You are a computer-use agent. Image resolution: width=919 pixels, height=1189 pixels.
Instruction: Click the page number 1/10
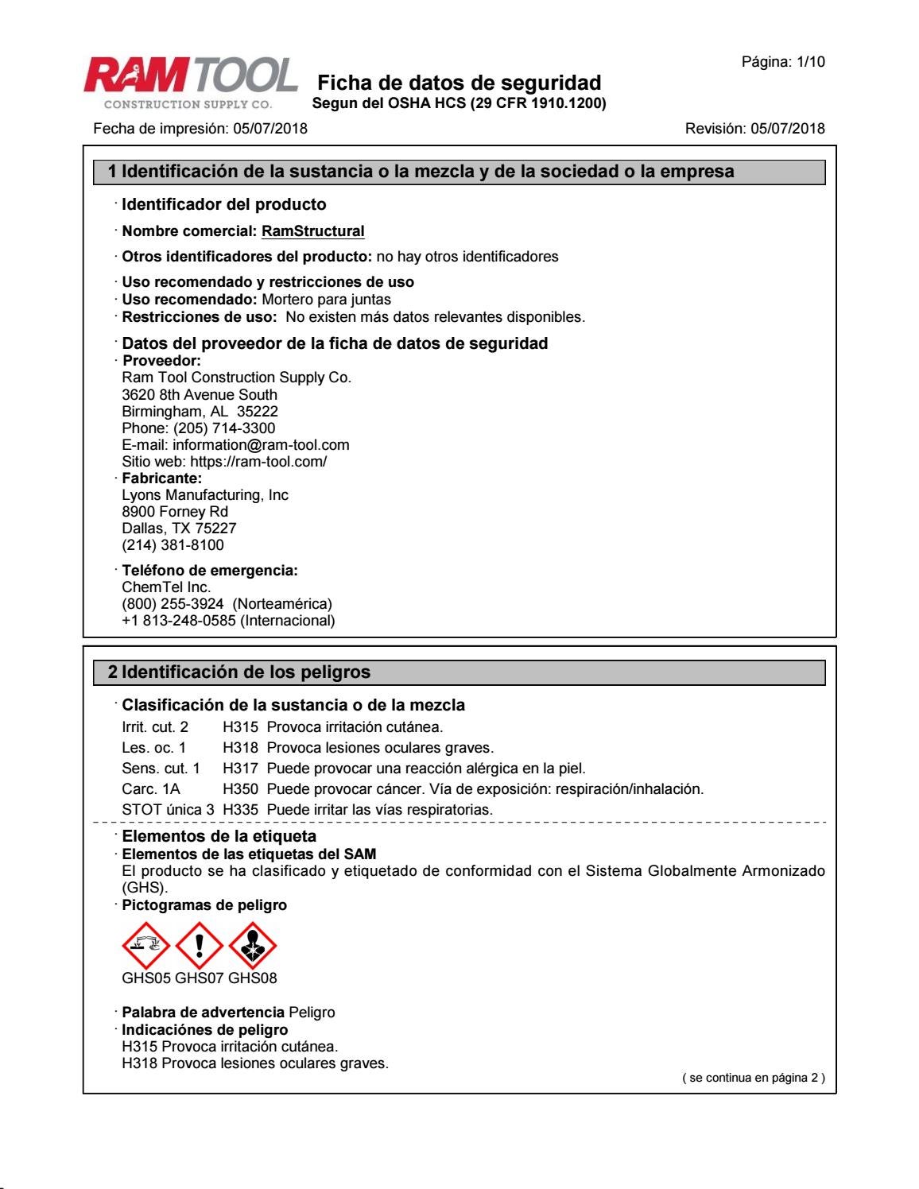(806, 62)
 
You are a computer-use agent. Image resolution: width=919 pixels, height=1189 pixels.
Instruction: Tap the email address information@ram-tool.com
(261, 445)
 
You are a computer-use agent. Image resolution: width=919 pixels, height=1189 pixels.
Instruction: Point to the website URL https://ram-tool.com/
(258, 462)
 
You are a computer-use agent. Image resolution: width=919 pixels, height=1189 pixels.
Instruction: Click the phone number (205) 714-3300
(224, 428)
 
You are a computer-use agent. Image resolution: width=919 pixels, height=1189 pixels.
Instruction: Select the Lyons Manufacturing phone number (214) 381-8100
(173, 545)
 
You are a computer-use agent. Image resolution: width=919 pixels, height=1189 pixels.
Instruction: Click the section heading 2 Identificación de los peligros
(239, 672)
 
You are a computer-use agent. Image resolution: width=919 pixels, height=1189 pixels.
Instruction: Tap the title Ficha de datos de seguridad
(459, 83)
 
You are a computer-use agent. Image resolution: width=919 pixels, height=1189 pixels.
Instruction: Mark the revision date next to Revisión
(787, 129)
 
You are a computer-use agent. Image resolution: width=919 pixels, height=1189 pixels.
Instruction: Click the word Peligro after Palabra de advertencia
(312, 1013)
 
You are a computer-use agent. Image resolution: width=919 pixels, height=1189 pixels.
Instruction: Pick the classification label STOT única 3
(168, 810)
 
